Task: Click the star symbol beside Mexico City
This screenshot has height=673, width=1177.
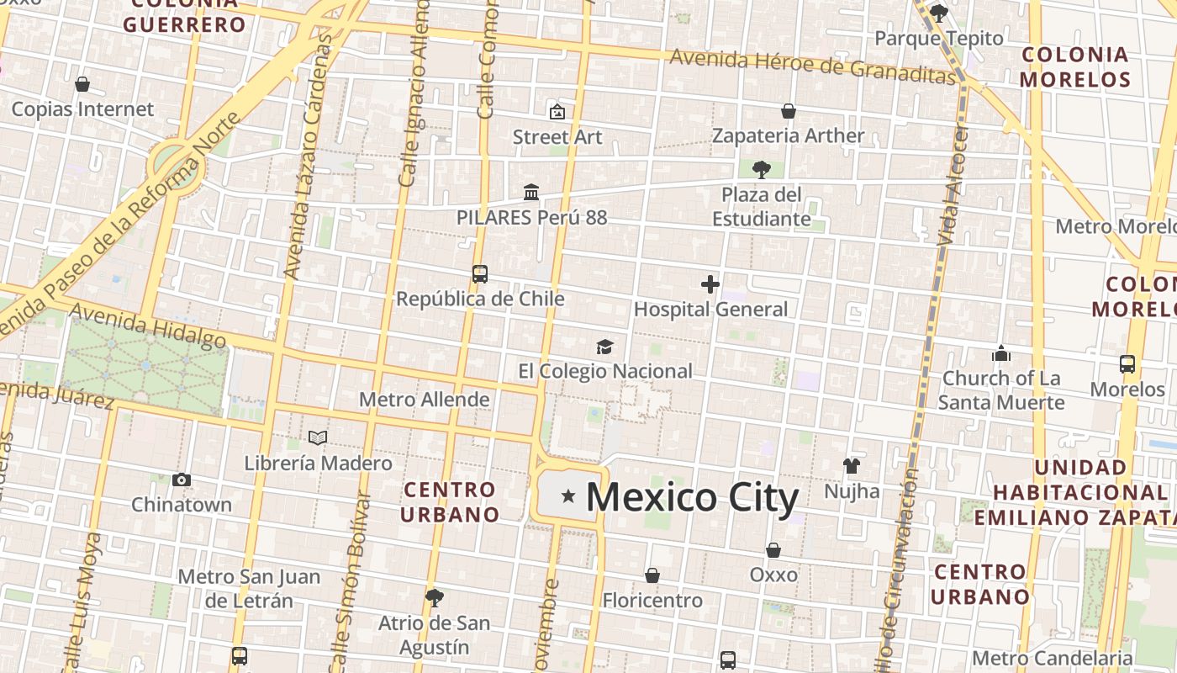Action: click(x=568, y=496)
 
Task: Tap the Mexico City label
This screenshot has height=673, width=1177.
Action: click(x=692, y=497)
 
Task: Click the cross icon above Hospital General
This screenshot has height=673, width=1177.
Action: click(x=710, y=284)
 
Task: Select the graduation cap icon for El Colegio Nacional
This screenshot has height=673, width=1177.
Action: click(x=604, y=347)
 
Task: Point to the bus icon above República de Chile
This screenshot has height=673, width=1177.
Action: click(x=480, y=274)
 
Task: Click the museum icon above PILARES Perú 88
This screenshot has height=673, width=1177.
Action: click(x=531, y=193)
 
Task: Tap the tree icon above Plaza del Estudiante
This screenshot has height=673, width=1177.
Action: click(x=762, y=170)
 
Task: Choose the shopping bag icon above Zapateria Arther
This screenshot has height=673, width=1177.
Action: click(x=789, y=111)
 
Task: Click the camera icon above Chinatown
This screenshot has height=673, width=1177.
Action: click(x=182, y=480)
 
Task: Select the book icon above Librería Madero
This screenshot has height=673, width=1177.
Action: click(x=318, y=437)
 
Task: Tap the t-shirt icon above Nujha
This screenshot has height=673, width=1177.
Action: click(x=852, y=466)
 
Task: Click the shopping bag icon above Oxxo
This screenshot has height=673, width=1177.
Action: click(x=773, y=550)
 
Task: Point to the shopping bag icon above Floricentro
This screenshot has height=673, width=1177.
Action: click(x=652, y=575)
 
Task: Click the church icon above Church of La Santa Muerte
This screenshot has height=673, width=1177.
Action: click(x=1000, y=353)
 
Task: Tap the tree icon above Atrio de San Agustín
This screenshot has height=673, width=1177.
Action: click(x=435, y=598)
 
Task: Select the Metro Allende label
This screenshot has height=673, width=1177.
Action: click(x=424, y=399)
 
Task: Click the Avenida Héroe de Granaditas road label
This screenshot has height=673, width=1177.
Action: click(x=814, y=66)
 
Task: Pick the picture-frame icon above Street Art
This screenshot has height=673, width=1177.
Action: click(x=557, y=111)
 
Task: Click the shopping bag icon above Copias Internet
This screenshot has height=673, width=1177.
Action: click(x=82, y=84)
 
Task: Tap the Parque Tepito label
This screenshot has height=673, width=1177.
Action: click(x=939, y=38)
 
